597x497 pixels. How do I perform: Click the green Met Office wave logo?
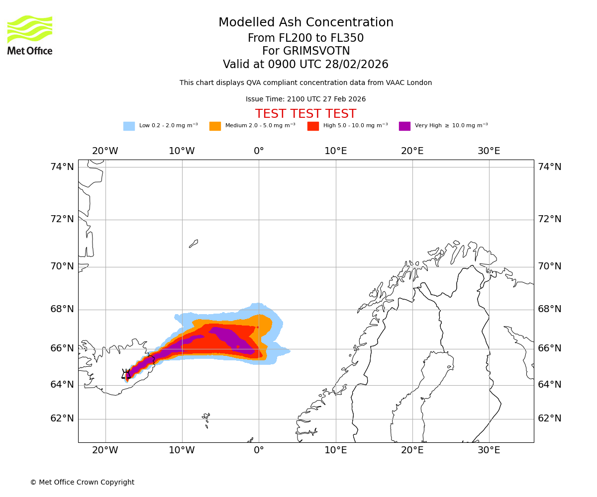tap(29, 29)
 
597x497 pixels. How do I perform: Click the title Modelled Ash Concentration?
tap(305, 23)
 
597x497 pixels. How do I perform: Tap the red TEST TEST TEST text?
tap(305, 114)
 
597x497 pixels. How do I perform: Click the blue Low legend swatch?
tap(129, 126)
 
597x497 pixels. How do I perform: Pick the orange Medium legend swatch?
tap(215, 126)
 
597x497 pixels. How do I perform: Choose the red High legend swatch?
tap(313, 126)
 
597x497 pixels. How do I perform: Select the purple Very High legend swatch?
tap(404, 126)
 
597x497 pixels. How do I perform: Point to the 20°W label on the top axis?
tap(105, 151)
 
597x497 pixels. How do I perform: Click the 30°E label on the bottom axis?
tap(489, 450)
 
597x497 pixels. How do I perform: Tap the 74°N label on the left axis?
tap(62, 167)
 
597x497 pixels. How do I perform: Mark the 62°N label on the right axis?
tap(549, 418)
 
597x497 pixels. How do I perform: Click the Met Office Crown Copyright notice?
tap(82, 482)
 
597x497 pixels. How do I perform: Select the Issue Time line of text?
tap(305, 99)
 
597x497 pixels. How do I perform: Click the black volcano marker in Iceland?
tap(126, 374)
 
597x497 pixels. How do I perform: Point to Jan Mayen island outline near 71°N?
tap(194, 244)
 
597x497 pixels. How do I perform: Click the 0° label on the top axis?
tap(259, 151)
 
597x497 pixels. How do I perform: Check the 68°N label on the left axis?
tap(62, 309)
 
